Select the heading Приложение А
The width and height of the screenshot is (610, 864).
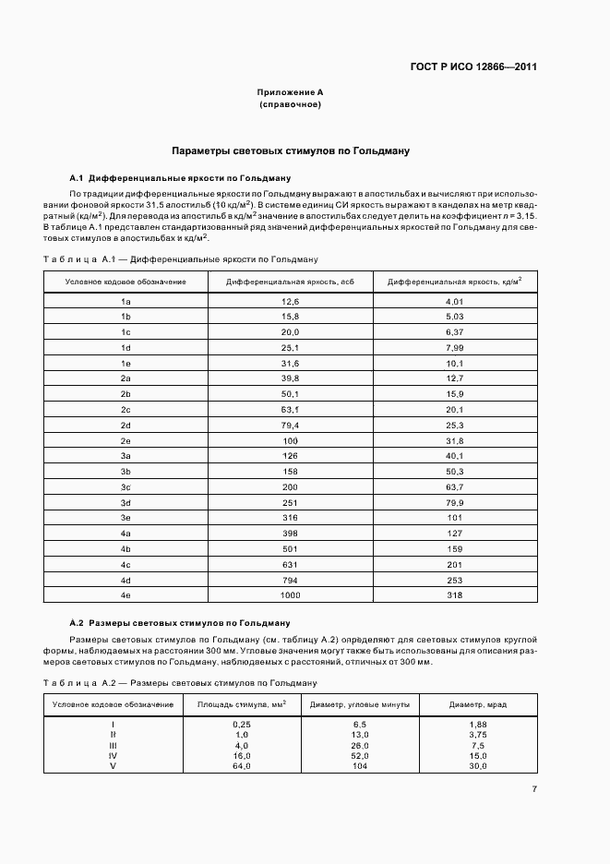point(290,93)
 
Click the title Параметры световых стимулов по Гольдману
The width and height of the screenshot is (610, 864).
point(291,150)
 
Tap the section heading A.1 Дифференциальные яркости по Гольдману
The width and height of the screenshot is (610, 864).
point(181,176)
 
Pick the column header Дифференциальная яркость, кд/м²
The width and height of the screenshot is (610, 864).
point(454,281)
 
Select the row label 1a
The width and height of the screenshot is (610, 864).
point(126,302)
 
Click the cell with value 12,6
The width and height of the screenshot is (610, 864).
point(291,302)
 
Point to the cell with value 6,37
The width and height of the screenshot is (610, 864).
point(454,331)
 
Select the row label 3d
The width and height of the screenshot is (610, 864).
point(126,502)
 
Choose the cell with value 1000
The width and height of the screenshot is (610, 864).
point(291,596)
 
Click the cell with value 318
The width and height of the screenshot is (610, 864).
point(454,596)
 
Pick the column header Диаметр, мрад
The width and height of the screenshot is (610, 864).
point(478,704)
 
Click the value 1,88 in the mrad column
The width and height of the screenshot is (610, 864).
point(478,725)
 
